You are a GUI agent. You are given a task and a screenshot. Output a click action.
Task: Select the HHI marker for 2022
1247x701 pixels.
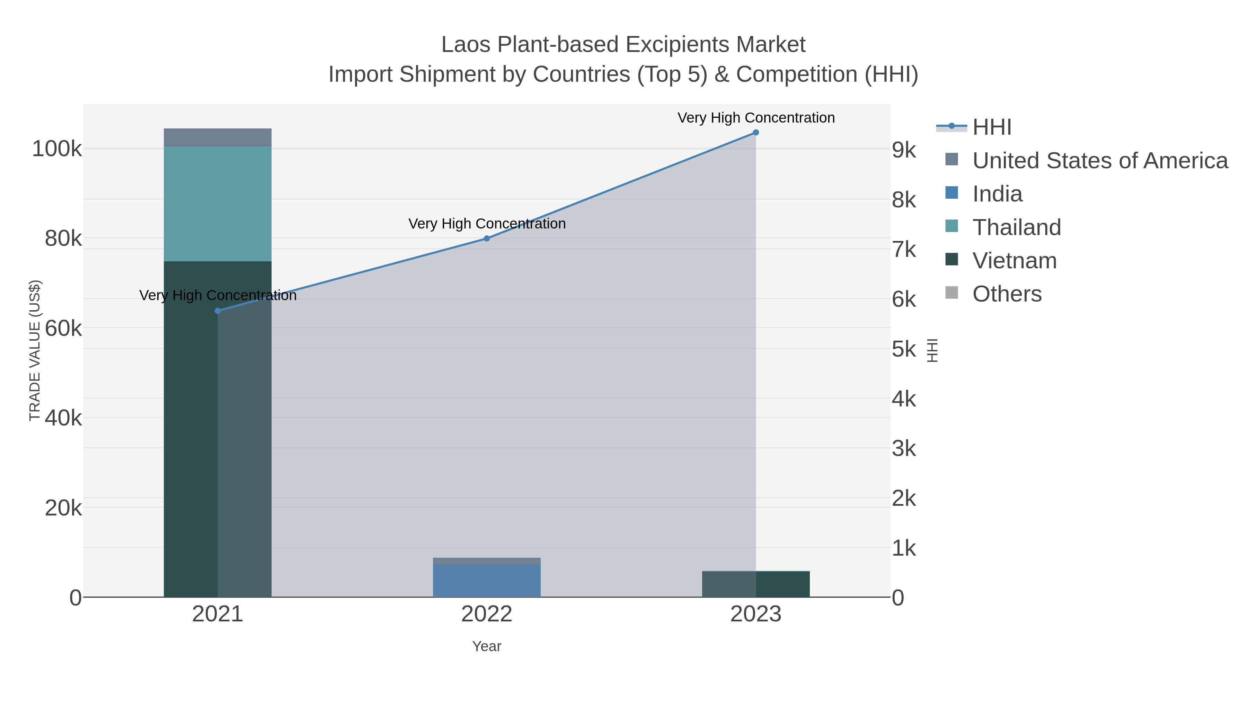[x=487, y=239]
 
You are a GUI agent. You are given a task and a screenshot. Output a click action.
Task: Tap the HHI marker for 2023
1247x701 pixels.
[x=756, y=133]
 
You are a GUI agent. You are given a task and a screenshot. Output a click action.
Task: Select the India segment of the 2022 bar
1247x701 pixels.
[x=487, y=581]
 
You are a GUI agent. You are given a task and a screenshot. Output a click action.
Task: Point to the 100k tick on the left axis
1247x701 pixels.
[x=57, y=149]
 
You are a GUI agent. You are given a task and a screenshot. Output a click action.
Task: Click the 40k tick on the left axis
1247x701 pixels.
[x=63, y=418]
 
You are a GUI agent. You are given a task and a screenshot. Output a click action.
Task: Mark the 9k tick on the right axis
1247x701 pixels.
[x=904, y=150]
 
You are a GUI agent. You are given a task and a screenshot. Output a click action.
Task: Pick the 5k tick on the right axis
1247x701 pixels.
[x=904, y=349]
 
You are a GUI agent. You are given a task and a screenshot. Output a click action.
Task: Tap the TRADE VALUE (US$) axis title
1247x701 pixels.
[x=35, y=350]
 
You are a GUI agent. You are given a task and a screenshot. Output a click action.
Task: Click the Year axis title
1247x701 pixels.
[x=487, y=646]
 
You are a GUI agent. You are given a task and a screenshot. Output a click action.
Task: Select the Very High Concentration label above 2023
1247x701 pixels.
[x=756, y=118]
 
